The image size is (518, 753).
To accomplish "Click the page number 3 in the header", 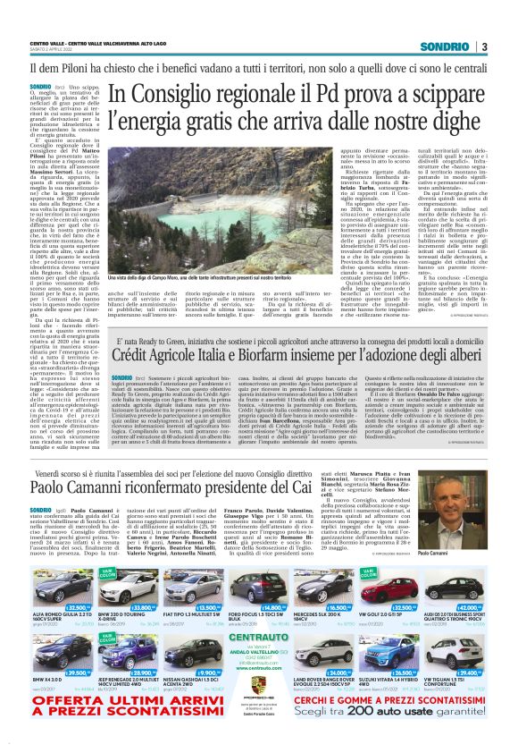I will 483,47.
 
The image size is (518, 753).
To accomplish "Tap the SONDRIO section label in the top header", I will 446,47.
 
